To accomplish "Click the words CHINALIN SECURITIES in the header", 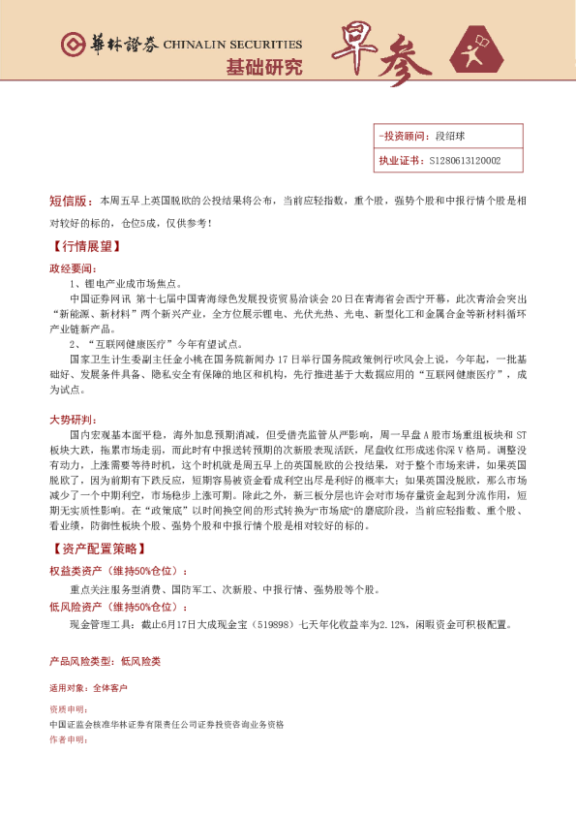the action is (232, 45).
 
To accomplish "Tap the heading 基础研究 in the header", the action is (263, 68).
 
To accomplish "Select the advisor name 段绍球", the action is (451, 138).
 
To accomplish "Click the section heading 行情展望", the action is (83, 246).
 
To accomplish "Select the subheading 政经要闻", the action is (72, 267).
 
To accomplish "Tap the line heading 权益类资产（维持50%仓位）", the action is (118, 571).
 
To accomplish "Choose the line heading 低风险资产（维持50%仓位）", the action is (118, 606).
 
